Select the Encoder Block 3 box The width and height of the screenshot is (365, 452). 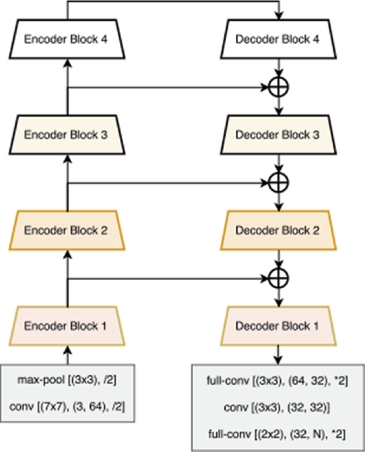coord(67,135)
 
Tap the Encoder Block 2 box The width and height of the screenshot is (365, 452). coord(67,231)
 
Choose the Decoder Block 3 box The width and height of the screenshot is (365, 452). coord(278,135)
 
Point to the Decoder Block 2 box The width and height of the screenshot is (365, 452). coord(278,231)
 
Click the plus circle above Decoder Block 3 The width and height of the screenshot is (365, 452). coord(278,87)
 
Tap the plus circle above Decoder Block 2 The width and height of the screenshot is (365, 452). coord(278,182)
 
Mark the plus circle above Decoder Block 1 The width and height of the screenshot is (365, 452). coord(278,278)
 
